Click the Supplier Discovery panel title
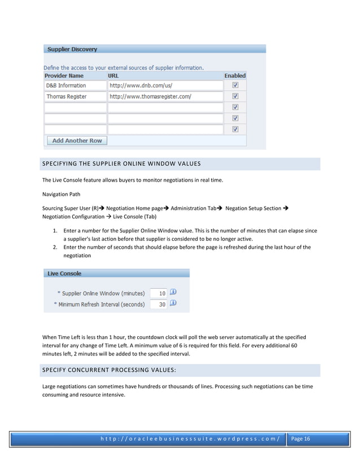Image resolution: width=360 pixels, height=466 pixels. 72,50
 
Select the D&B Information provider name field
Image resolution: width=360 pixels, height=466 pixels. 75,86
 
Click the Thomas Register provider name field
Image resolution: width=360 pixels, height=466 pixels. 75,96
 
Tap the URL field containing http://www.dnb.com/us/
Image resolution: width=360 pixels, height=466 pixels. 165,86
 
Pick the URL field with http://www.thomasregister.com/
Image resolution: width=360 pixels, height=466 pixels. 165,96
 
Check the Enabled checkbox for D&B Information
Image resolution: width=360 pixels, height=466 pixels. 235,86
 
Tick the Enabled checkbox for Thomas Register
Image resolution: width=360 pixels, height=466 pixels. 235,96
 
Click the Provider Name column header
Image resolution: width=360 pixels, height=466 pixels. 64,76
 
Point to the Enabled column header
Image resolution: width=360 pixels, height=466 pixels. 235,76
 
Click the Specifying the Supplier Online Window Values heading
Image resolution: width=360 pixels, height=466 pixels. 122,164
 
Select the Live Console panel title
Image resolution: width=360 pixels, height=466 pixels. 64,274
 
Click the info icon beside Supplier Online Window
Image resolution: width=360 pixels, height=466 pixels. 173,293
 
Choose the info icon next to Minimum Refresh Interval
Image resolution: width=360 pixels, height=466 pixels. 173,304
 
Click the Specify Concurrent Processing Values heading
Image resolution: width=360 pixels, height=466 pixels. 109,370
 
